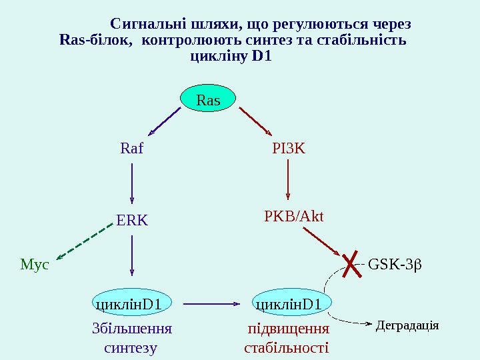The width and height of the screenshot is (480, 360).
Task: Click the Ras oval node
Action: click(x=209, y=100)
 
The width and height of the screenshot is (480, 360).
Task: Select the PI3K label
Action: click(x=289, y=148)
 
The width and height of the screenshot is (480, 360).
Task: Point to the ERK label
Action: click(x=131, y=221)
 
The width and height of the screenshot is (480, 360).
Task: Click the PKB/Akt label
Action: click(x=293, y=216)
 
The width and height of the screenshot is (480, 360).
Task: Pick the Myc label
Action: click(x=35, y=265)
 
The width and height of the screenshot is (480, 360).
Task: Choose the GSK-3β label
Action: click(x=395, y=265)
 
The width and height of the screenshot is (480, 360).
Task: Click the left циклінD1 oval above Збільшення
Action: click(x=131, y=305)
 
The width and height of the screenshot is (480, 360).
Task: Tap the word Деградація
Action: click(x=407, y=325)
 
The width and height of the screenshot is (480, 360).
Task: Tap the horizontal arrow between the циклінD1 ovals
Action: click(x=211, y=304)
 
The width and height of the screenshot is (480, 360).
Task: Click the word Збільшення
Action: click(x=131, y=329)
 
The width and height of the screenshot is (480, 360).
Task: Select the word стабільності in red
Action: click(x=287, y=347)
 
